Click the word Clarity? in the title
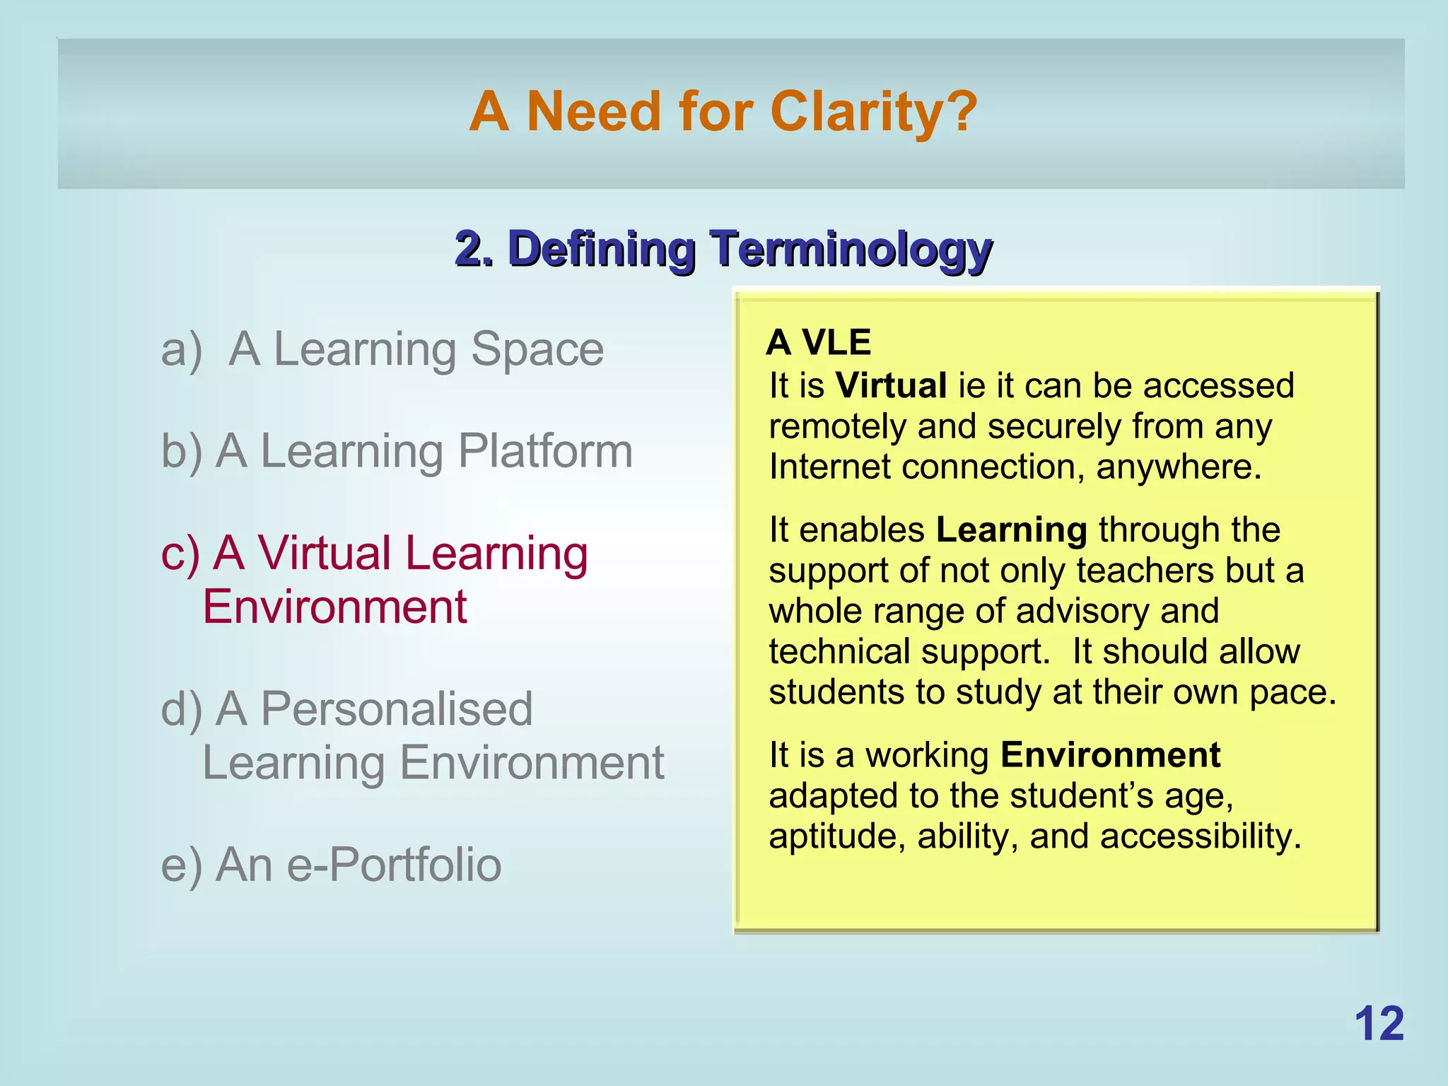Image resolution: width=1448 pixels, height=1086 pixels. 873,112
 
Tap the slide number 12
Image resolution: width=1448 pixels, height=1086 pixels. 1379,1024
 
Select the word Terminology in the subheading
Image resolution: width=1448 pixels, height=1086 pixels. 851,250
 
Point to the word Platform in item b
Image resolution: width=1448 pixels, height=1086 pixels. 545,451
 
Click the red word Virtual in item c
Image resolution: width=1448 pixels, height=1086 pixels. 325,553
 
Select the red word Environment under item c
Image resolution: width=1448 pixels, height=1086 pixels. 334,607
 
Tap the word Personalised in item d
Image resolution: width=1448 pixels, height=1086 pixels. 396,709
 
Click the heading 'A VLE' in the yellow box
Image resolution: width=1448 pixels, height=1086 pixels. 818,343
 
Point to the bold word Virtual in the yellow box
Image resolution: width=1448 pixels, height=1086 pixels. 891,386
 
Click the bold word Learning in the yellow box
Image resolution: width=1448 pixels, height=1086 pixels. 1011,530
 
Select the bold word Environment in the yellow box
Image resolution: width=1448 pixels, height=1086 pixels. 1110,755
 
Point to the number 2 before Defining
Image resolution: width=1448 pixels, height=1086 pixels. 468,250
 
